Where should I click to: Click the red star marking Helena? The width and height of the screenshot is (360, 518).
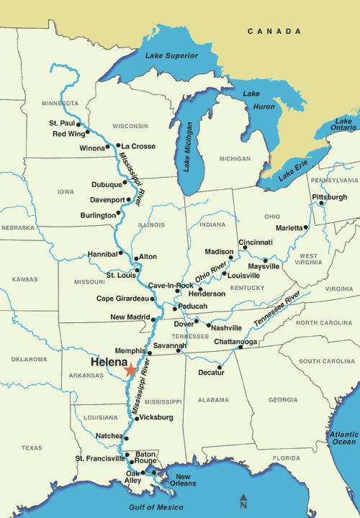pyautogui.click(x=130, y=371)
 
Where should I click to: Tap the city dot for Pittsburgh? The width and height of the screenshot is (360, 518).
pyautogui.click(x=321, y=203)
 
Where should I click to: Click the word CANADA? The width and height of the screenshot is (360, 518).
pyautogui.click(x=274, y=32)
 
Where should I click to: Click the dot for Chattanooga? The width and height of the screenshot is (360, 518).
pyautogui.click(x=240, y=348)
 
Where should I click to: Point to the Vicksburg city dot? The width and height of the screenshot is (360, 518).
pyautogui.click(x=137, y=418)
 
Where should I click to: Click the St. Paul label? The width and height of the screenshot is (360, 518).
pyautogui.click(x=62, y=124)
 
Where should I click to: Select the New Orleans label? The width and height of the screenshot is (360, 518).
pyautogui.click(x=184, y=481)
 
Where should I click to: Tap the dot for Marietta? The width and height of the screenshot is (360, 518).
pyautogui.click(x=307, y=227)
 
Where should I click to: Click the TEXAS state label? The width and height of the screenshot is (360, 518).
pyautogui.click(x=32, y=447)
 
